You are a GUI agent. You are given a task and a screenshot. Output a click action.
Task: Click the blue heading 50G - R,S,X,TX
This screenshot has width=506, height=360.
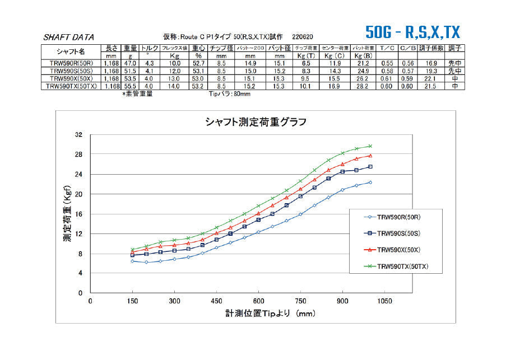[x=412, y=31]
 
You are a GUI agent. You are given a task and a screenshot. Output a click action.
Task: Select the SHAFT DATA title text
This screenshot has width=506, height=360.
[x=68, y=38]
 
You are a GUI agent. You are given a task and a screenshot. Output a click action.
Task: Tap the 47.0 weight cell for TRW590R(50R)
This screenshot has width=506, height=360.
[x=131, y=64]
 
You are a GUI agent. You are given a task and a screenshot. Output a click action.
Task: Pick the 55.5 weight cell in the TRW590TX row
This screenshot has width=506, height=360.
[x=131, y=87]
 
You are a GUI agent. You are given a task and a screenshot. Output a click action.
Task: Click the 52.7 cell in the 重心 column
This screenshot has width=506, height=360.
[x=198, y=64]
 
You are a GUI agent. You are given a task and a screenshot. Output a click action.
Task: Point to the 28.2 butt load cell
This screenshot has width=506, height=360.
[x=363, y=87]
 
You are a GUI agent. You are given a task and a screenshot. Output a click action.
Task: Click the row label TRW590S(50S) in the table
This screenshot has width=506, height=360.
[x=71, y=72]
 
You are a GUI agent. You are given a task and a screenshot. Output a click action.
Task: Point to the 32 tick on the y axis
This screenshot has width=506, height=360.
[x=78, y=135]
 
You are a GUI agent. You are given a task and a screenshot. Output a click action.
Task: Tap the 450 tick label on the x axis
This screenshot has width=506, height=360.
[x=216, y=301]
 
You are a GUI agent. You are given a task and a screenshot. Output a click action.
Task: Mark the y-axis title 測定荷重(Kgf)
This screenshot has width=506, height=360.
[x=67, y=214]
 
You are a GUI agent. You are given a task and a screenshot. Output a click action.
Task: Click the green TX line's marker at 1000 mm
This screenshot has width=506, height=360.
[x=370, y=146]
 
